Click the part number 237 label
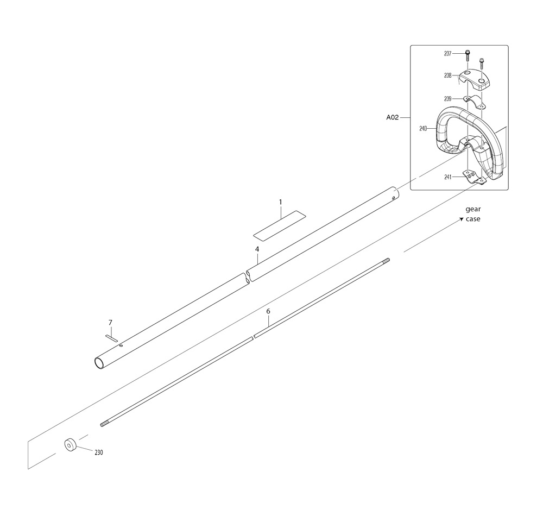click(x=448, y=54)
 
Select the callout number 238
click(x=448, y=76)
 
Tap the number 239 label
click(x=448, y=99)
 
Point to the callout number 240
click(x=423, y=129)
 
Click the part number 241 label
click(x=448, y=177)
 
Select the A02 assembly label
click(x=393, y=117)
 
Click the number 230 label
click(x=99, y=452)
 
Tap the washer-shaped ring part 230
click(x=70, y=445)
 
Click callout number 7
click(x=110, y=323)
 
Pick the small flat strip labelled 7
click(x=111, y=337)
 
